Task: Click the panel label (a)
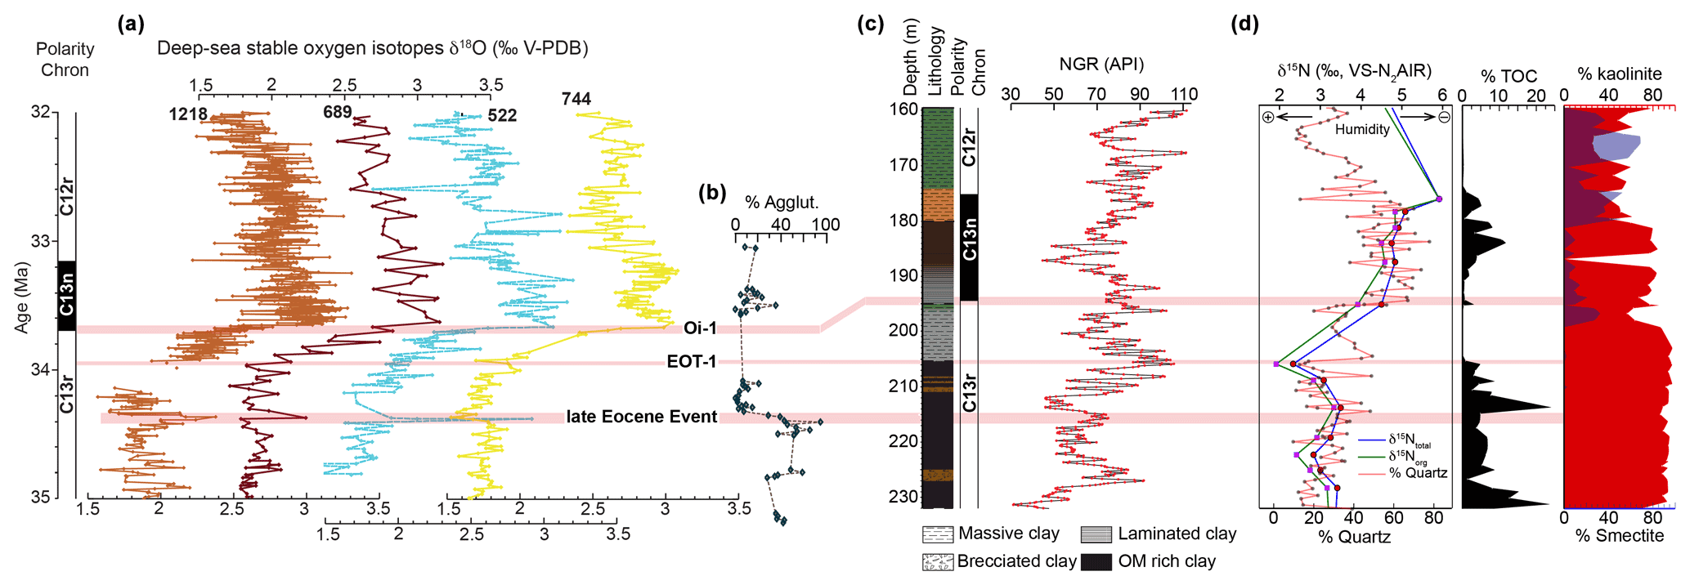[x=131, y=24]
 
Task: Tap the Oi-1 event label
[x=701, y=328]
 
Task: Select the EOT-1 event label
[x=692, y=361]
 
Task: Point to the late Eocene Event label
[x=642, y=417]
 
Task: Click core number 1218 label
[x=188, y=114]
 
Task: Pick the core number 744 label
[x=576, y=99]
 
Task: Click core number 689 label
[x=338, y=112]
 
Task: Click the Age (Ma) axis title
[x=21, y=297]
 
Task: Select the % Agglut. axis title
[x=782, y=203]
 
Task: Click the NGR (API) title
[x=1101, y=65]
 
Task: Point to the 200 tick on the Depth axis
[x=904, y=330]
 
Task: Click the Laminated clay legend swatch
[x=1096, y=534]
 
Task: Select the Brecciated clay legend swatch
[x=937, y=562]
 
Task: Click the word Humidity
[x=1362, y=129]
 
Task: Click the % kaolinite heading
[x=1620, y=74]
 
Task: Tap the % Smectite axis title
[x=1620, y=536]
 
